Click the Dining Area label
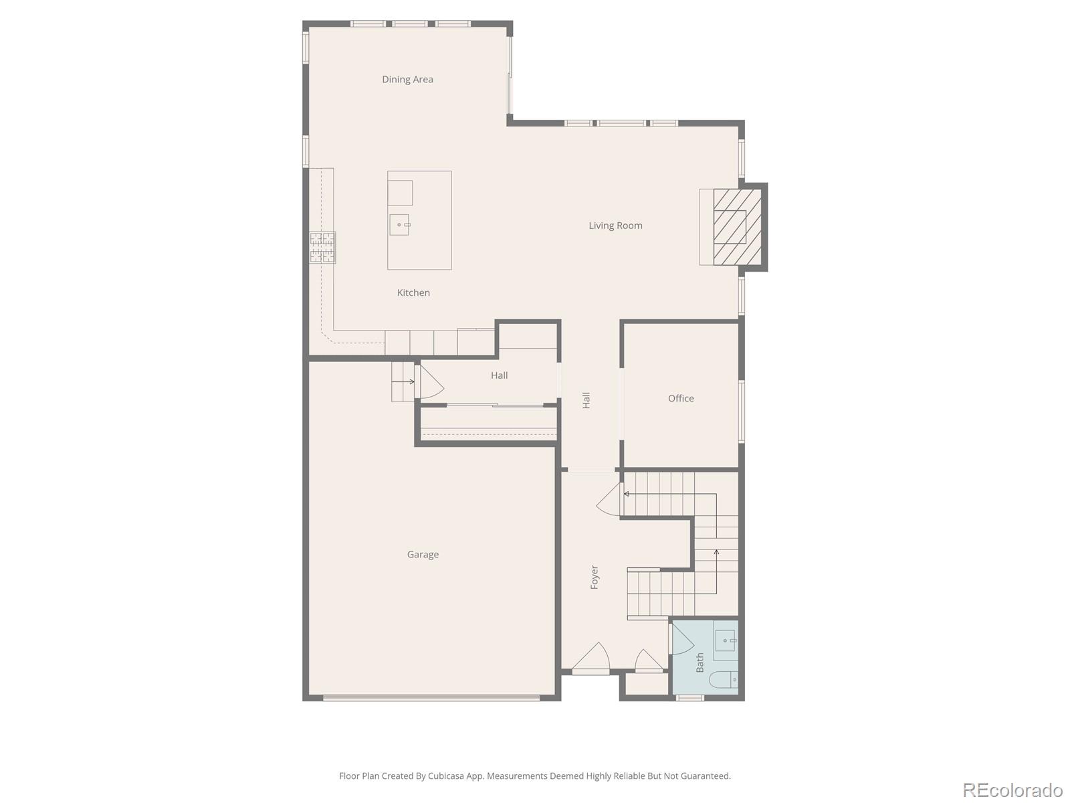(407, 80)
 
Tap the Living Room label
(615, 226)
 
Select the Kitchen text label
(413, 292)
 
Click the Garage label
(423, 554)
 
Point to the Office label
(681, 398)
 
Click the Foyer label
(595, 577)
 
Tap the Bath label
(700, 662)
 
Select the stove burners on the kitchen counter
(322, 248)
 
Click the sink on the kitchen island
(399, 225)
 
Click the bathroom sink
(726, 641)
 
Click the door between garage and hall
(430, 383)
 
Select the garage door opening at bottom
(431, 698)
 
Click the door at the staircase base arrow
(610, 500)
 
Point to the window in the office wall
(741, 411)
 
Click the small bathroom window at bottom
(689, 698)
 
